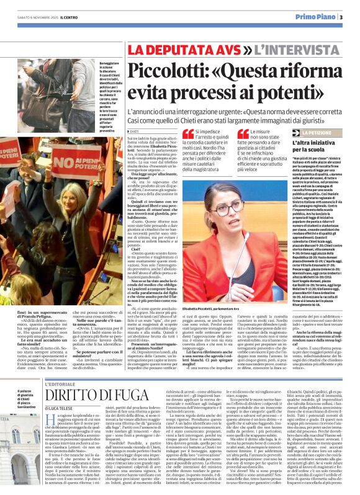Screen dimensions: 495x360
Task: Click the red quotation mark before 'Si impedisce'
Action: pyautogui.click(x=187, y=134)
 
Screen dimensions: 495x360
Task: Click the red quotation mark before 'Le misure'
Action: pyautogui.click(x=243, y=134)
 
